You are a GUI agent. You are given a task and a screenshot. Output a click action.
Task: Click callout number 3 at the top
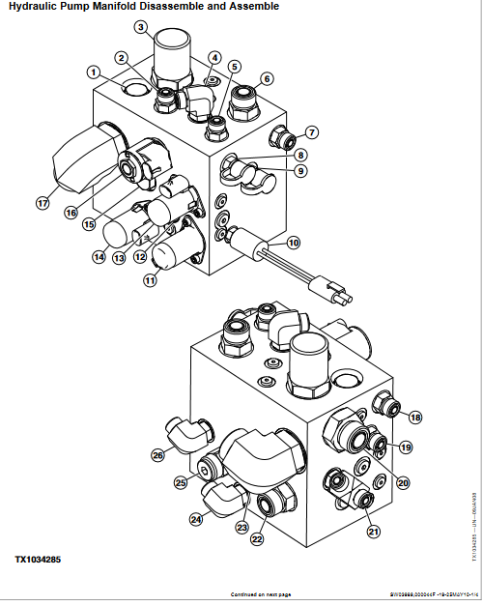coord(141,27)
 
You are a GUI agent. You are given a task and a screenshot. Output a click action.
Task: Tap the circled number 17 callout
coord(42,203)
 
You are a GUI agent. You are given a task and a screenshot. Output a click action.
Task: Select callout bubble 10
coord(294,242)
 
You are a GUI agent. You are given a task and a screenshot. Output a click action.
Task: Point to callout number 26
coord(157,454)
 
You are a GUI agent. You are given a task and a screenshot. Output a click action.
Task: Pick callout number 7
coord(312,131)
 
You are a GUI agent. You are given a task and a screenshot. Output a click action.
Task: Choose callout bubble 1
coord(93,72)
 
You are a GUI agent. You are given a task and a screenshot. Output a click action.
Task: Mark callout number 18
coord(415,418)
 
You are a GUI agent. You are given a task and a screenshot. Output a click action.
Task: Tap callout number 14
coord(99,258)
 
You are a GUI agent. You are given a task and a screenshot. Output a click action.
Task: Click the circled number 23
coord(241,528)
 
